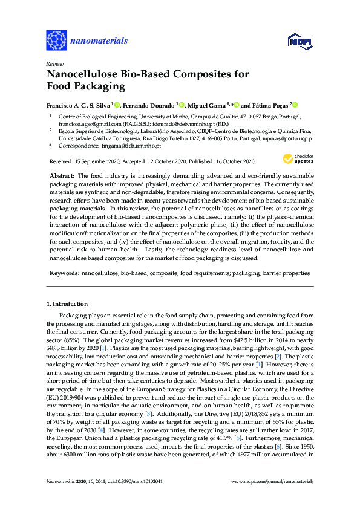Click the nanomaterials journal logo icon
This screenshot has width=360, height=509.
click(x=56, y=41)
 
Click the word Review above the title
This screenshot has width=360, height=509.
click(x=53, y=63)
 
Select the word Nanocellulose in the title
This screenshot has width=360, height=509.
click(x=84, y=75)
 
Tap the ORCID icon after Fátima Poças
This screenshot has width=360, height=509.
click(x=296, y=104)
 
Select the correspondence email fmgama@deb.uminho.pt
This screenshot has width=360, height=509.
click(x=134, y=146)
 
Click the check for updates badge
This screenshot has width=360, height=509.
click(x=294, y=159)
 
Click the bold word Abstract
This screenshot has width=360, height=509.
click(x=61, y=174)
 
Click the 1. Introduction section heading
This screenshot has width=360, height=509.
click(x=71, y=303)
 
